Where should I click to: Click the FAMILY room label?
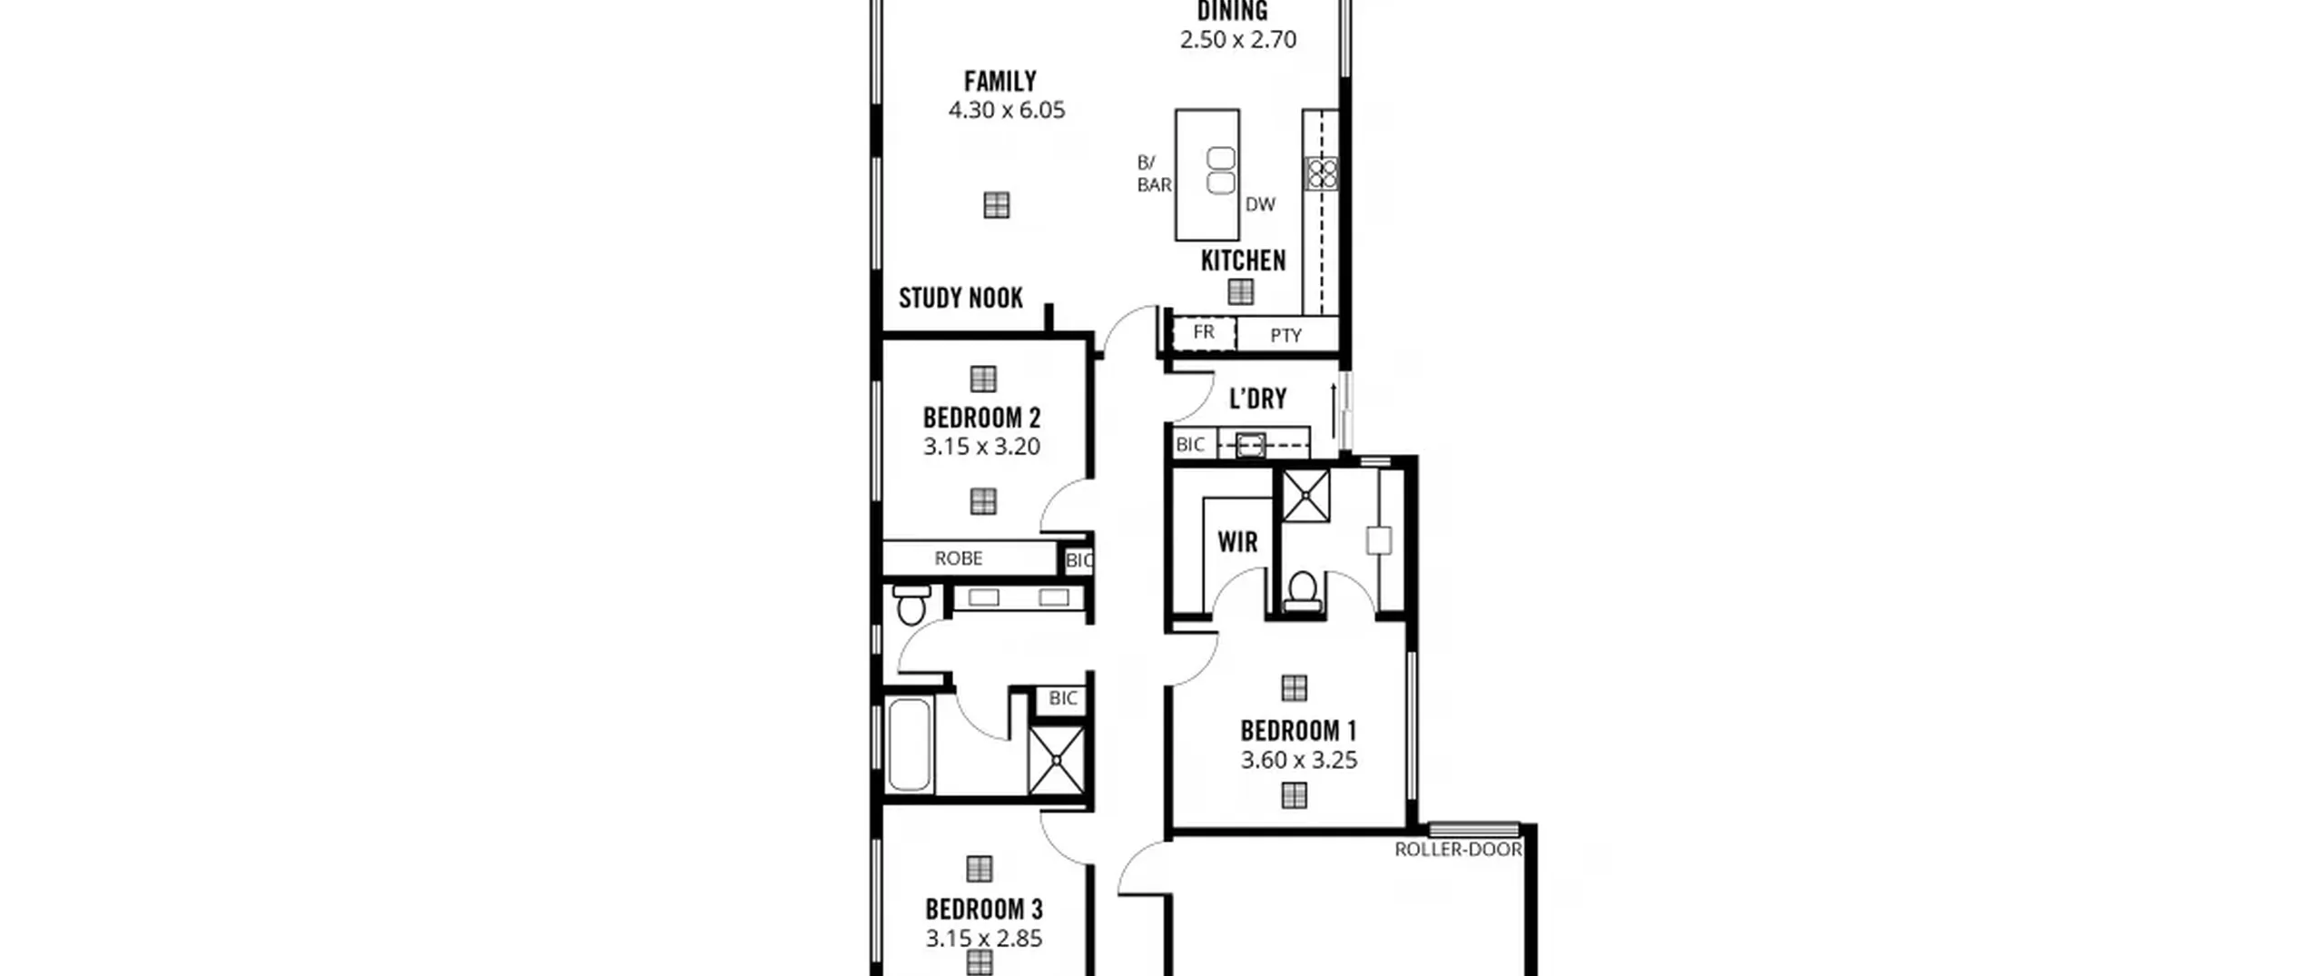[x=1000, y=82]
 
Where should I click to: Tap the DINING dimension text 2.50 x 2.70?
[x=1238, y=40]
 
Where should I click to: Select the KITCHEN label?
[x=1243, y=261]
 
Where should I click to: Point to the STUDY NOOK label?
[x=960, y=299]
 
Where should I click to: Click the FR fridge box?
[x=1204, y=332]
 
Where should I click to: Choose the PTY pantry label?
[x=1285, y=336]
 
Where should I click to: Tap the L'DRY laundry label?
[x=1257, y=399]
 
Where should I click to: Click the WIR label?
[x=1237, y=543]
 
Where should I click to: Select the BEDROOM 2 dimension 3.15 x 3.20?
[x=981, y=447]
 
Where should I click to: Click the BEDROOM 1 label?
[x=1298, y=731]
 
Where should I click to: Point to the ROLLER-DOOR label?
[x=1458, y=850]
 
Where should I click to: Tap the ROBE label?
[x=959, y=558]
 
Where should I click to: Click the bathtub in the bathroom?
[x=909, y=744]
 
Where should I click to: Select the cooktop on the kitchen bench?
[x=1321, y=173]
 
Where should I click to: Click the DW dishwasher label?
[x=1260, y=205]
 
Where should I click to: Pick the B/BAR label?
[x=1154, y=173]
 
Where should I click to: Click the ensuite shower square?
[x=1305, y=496]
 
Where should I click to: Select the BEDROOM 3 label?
[x=983, y=910]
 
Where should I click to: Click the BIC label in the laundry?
[x=1190, y=445]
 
